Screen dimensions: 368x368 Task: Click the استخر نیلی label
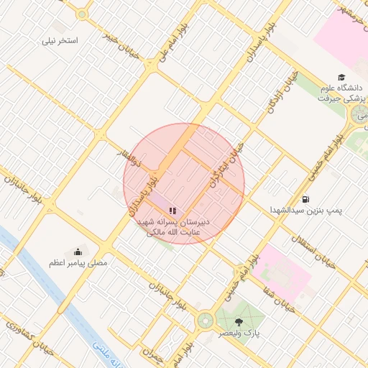click(x=60, y=41)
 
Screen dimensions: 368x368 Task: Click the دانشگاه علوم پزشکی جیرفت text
click(x=338, y=93)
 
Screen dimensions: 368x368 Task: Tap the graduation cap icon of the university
click(x=341, y=78)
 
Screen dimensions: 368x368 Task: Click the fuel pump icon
click(x=306, y=199)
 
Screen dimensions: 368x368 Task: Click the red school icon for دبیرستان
click(x=172, y=209)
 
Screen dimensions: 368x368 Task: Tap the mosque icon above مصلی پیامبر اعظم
click(x=78, y=251)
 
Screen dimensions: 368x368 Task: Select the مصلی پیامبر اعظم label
click(x=78, y=263)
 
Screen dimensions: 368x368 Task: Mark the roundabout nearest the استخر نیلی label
click(x=82, y=14)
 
